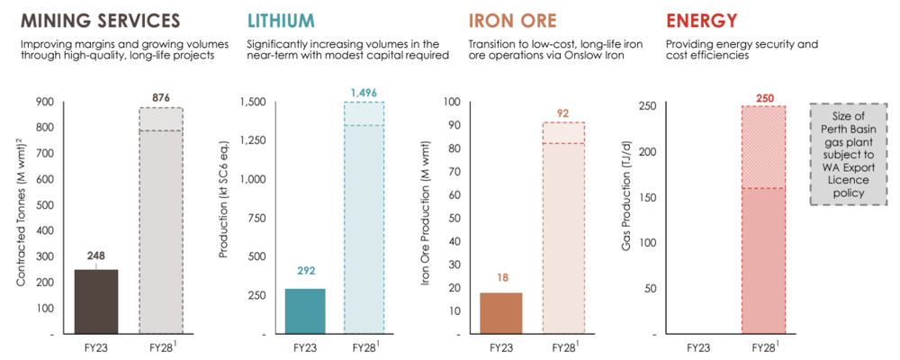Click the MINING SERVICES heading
pyautogui.click(x=101, y=21)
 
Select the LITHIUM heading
pyautogui.click(x=281, y=21)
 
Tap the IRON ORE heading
pyautogui.click(x=513, y=21)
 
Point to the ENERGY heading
pyautogui.click(x=701, y=21)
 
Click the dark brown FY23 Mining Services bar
pyautogui.click(x=96, y=301)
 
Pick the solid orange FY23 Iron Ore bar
pyautogui.click(x=501, y=313)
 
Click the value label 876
pyautogui.click(x=161, y=97)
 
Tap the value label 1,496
pyautogui.click(x=364, y=93)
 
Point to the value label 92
pyautogui.click(x=564, y=112)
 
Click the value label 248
pyautogui.click(x=96, y=256)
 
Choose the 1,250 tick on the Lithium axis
pyautogui.click(x=256, y=140)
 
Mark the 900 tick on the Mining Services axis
pyautogui.click(x=45, y=102)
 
